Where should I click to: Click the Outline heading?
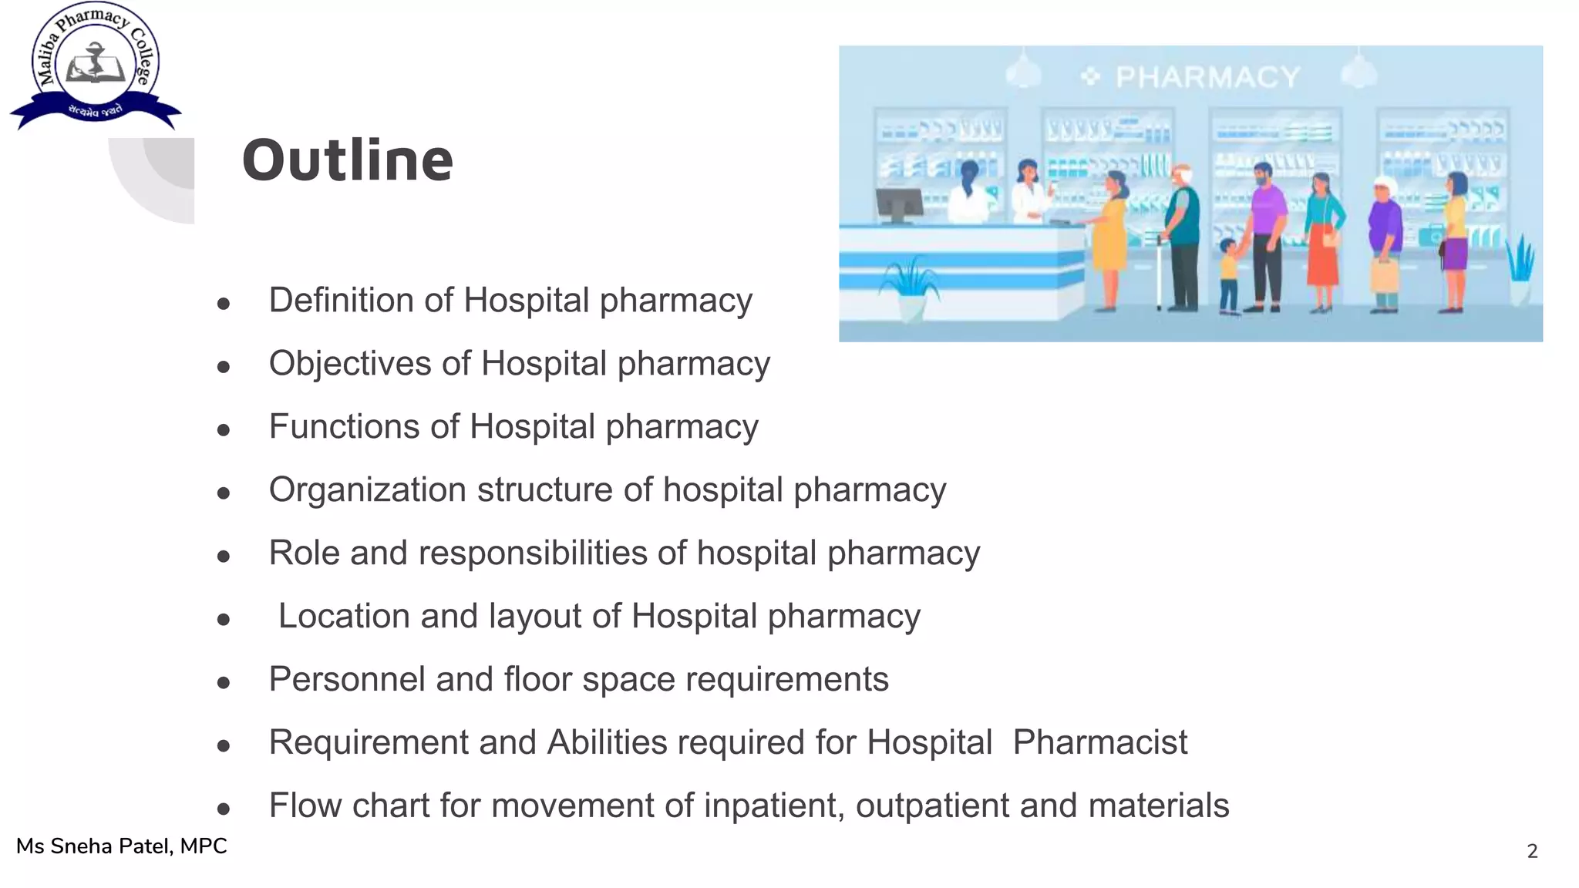point(347,160)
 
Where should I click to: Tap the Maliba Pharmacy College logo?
point(96,66)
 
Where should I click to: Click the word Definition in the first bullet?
point(361,300)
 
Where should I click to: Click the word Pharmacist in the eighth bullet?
point(1099,742)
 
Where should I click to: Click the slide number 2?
point(1532,851)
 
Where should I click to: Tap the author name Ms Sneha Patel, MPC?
point(122,846)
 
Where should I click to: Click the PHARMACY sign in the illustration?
point(1207,77)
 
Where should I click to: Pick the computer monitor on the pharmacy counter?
point(899,204)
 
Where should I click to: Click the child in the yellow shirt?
point(1228,276)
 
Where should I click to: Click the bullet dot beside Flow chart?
point(224,809)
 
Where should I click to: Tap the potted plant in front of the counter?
point(911,289)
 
